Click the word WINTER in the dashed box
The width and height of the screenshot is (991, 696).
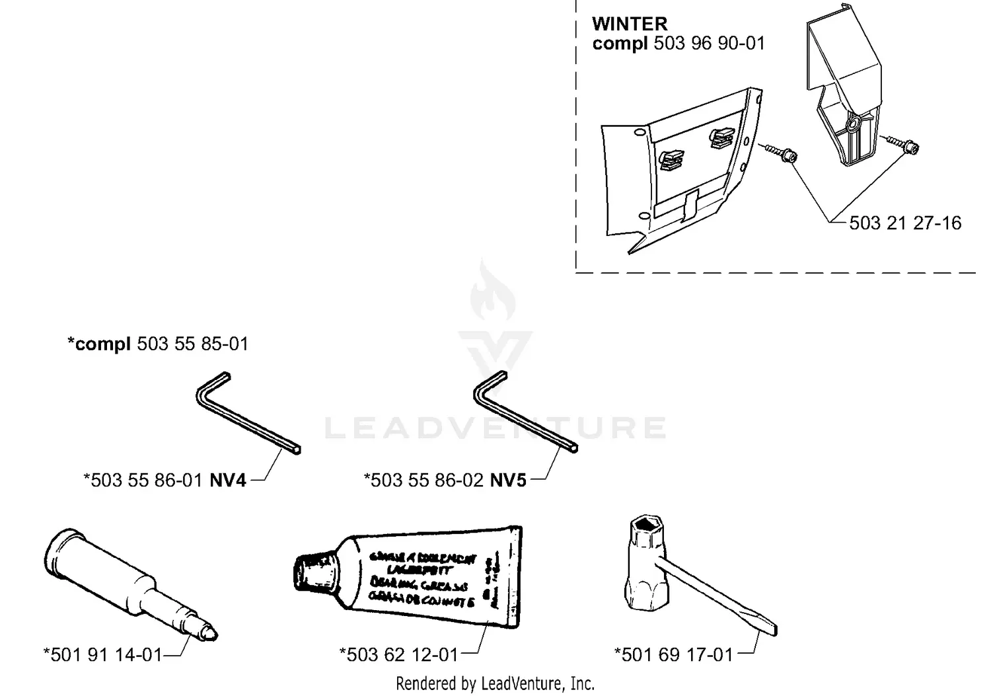click(x=630, y=24)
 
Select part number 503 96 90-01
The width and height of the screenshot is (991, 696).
click(x=709, y=44)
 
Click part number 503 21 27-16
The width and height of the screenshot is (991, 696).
click(x=904, y=223)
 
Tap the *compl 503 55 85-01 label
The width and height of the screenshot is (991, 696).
click(x=158, y=344)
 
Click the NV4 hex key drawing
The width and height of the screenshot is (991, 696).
click(x=247, y=412)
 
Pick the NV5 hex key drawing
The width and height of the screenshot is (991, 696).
click(x=525, y=412)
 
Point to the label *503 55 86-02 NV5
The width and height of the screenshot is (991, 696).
click(x=445, y=480)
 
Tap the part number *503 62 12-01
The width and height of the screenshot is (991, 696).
click(x=398, y=654)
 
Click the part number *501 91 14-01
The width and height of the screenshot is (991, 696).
click(x=103, y=654)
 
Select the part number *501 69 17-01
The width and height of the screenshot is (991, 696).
click(x=674, y=654)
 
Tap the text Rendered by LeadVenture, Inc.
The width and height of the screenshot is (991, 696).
click(x=495, y=683)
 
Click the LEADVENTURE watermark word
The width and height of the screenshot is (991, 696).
click(x=495, y=428)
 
